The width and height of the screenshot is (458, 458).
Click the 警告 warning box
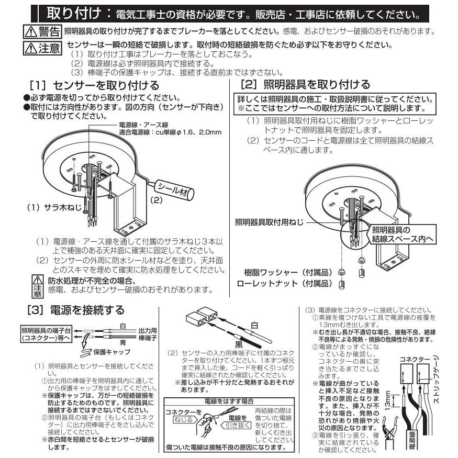coord(43,31)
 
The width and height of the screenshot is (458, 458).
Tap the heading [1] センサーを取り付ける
coord(94,85)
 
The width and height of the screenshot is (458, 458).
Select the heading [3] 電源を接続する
coord(76,310)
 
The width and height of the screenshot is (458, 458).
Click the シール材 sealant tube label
coord(172,188)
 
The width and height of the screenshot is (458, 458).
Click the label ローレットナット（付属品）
coord(285,284)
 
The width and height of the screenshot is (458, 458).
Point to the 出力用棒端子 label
coord(148,334)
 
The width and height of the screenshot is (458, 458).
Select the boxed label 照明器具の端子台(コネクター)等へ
coord(51,334)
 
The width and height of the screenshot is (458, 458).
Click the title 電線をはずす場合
coord(229,401)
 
